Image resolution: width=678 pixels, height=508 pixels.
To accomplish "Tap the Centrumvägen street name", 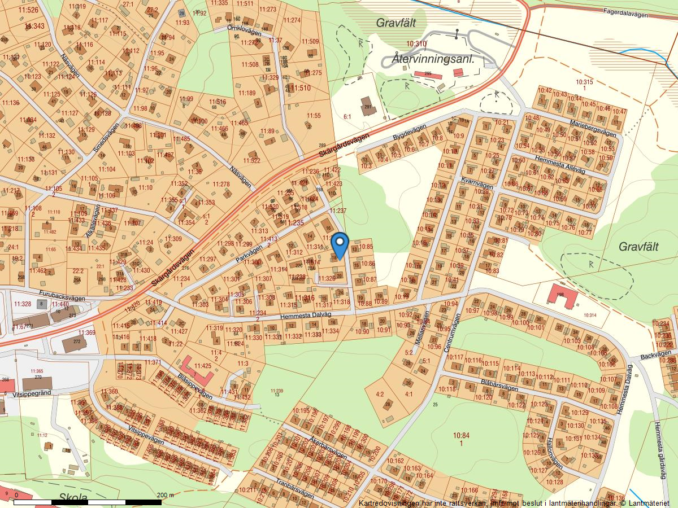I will point(453,334).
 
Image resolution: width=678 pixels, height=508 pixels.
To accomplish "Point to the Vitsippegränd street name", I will point(31,393).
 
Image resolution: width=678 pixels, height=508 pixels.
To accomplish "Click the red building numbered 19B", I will point(563,297).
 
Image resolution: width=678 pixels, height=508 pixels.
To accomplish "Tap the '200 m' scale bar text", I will point(166,495).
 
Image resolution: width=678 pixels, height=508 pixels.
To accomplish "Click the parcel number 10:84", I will point(462,435).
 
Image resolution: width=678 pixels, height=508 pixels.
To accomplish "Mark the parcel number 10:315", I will point(584,82).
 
